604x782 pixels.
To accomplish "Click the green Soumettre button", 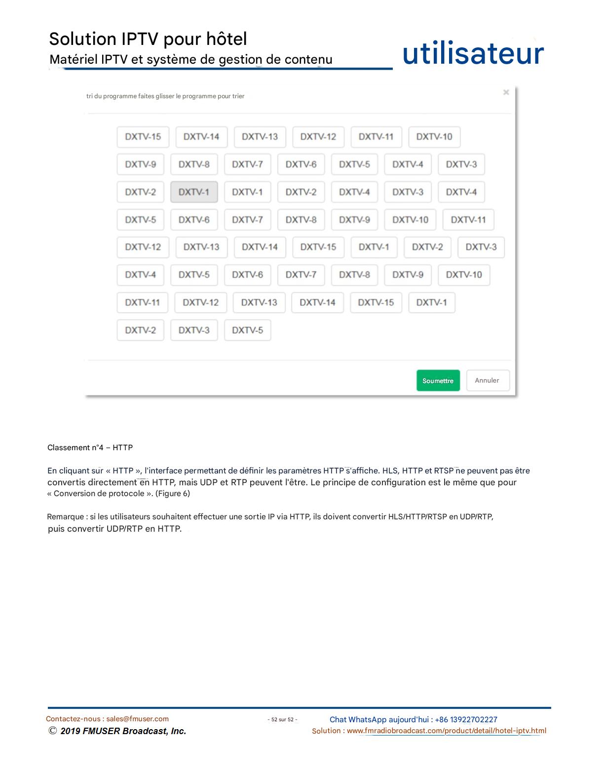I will coord(438,381).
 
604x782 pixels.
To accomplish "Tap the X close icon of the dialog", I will coord(506,92).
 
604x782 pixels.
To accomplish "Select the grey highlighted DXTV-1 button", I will coord(194,192).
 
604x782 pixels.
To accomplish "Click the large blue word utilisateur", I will coord(473,54).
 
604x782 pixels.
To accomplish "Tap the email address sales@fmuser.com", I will coord(138,719).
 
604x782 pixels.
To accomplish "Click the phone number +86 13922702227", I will coord(466,720).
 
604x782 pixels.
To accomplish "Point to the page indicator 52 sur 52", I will coord(282,720).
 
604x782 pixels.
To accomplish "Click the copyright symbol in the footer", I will coord(53,731).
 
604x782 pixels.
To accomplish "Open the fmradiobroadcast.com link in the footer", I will coord(446,731).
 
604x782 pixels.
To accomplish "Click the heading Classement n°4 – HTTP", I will coord(90,448).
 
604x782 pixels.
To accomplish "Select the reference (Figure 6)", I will coord(173,494).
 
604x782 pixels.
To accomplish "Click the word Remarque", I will coord(65,517).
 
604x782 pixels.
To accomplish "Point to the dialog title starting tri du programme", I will coord(165,96).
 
